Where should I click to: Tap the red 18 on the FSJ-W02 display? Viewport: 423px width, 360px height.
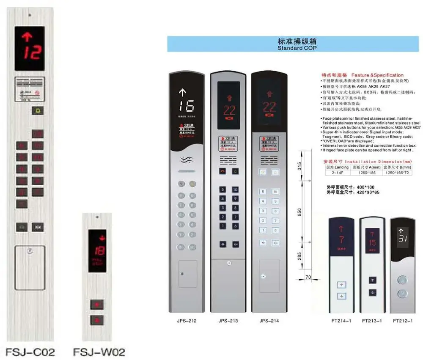click(100, 250)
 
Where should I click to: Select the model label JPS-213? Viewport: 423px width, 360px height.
click(228, 321)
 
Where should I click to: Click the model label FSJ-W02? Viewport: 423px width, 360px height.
click(99, 352)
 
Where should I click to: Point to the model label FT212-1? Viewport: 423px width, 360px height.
click(402, 321)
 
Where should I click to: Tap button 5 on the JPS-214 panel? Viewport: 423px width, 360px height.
click(263, 192)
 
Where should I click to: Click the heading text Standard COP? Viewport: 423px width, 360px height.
click(297, 48)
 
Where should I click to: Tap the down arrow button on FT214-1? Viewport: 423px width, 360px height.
click(341, 296)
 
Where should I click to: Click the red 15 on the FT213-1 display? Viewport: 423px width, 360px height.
click(372, 243)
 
